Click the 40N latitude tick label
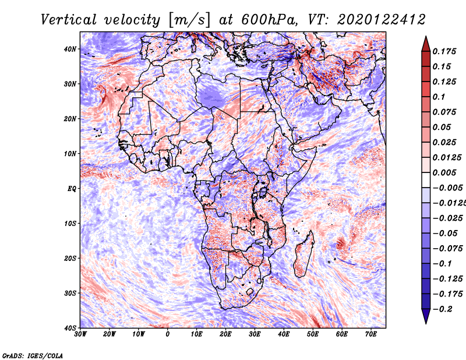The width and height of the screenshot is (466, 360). pyautogui.click(x=70, y=49)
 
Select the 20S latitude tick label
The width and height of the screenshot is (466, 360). pyautogui.click(x=70, y=258)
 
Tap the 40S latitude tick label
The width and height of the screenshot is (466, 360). pyautogui.click(x=70, y=328)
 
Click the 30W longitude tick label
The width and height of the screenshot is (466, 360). pyautogui.click(x=80, y=334)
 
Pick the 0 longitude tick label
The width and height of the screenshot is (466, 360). pyautogui.click(x=168, y=334)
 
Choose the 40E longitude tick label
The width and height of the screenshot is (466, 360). pyautogui.click(x=284, y=334)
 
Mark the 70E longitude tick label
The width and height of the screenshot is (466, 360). pyautogui.click(x=371, y=334)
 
